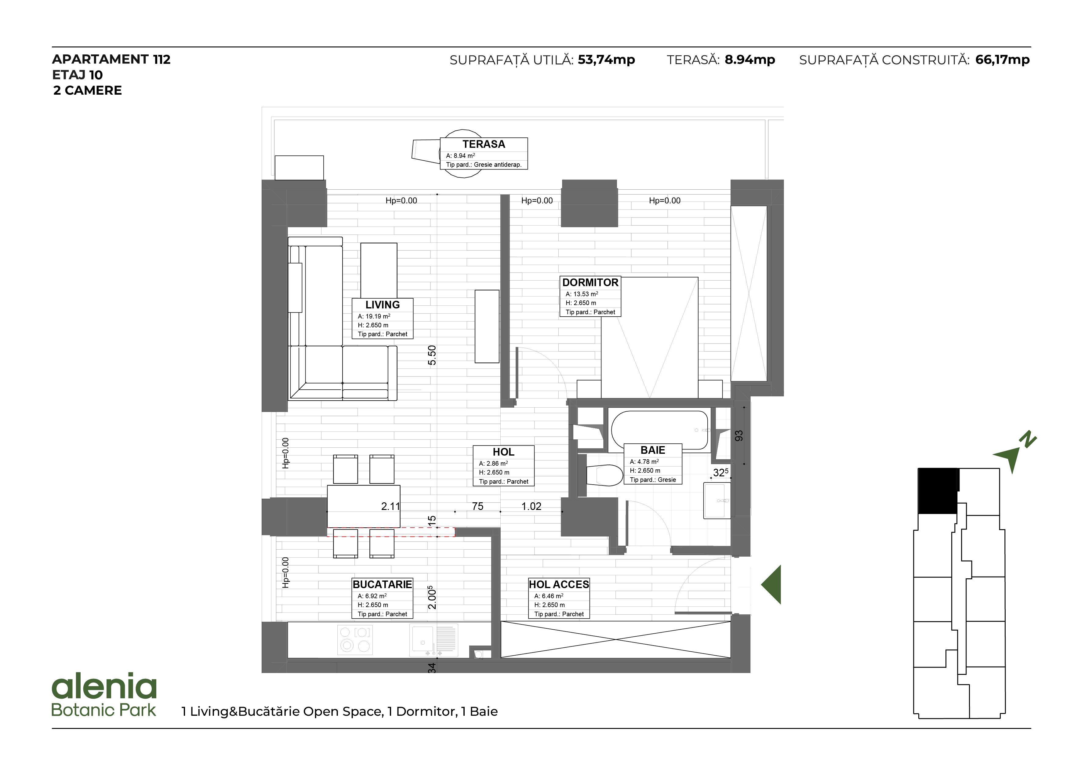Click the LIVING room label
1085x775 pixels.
pos(382,304)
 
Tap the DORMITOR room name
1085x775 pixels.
pos(590,282)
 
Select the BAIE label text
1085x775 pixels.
pos(653,450)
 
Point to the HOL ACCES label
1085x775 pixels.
pos(559,584)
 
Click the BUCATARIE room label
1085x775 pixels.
pos(382,584)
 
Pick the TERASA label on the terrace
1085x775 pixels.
pos(483,144)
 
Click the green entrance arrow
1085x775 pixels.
pos(771,584)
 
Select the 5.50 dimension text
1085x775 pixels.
pos(432,355)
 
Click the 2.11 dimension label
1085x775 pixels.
pos(390,506)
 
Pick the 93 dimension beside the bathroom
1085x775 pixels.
pos(738,436)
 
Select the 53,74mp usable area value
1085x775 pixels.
pos(606,60)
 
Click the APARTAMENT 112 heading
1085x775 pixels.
pos(111,59)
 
